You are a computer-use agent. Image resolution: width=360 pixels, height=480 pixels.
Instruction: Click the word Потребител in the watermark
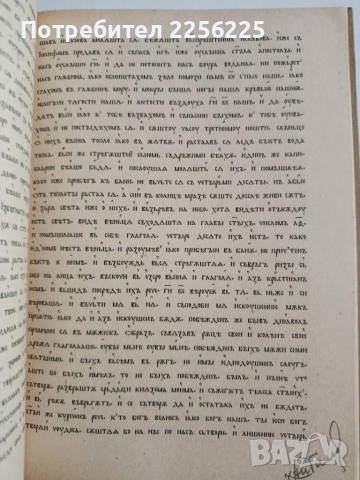point(100,18)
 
